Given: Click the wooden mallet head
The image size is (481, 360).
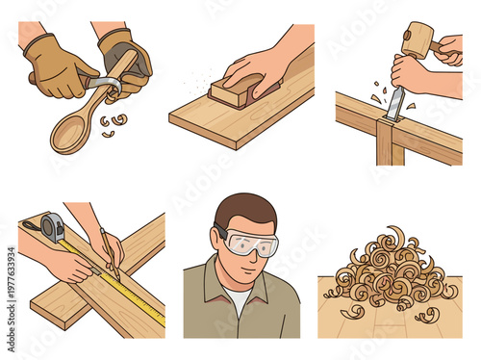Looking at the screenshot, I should point(418,41).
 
